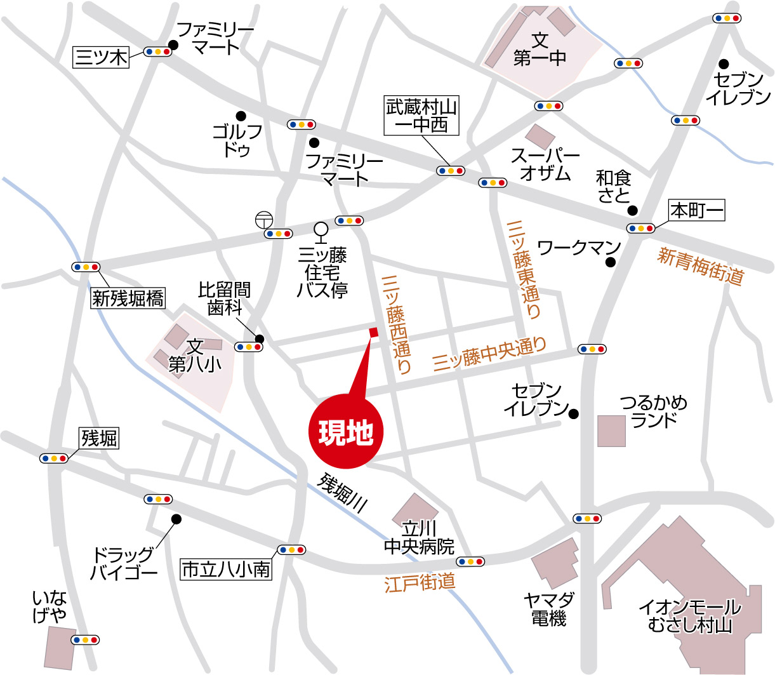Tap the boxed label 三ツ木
pos(101,57)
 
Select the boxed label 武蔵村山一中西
pos(421,116)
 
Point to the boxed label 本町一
pos(697,210)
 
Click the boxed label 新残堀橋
pos(128,298)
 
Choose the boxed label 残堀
pos(100,438)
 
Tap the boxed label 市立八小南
pos(226,570)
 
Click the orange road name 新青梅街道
pos(700,265)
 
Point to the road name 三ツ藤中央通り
pos(489,354)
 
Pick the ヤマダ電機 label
pos(549,608)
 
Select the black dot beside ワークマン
pos(611,263)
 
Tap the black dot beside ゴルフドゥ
pos(241,116)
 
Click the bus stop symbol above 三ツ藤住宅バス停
pos(321,229)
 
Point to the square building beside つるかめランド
pos(612,431)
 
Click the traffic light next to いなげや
pos(85,639)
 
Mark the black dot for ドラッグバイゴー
pos(176,519)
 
